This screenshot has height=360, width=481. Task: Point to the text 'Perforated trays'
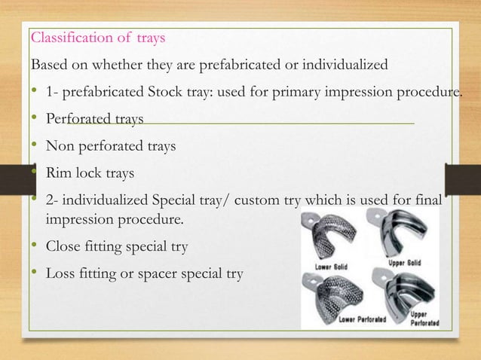[93, 119]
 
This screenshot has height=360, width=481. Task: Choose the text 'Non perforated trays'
[110, 146]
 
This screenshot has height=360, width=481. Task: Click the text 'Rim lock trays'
[90, 173]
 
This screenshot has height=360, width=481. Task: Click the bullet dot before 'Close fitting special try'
[33, 246]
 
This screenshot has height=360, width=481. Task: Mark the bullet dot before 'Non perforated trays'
[33, 145]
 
